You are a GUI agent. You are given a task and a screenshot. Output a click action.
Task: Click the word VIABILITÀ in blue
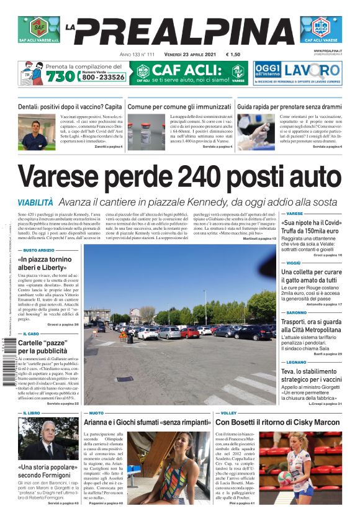pyautogui.click(x=35, y=202)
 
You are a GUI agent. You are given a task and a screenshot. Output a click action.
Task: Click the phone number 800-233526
pyautogui.click(x=102, y=78)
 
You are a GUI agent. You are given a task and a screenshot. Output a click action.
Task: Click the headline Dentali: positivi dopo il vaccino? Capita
pyautogui.click(x=70, y=107)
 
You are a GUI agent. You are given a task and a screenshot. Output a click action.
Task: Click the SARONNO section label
pyautogui.click(x=297, y=312)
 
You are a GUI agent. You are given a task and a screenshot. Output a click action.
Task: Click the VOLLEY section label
pyautogui.click(x=228, y=412)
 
